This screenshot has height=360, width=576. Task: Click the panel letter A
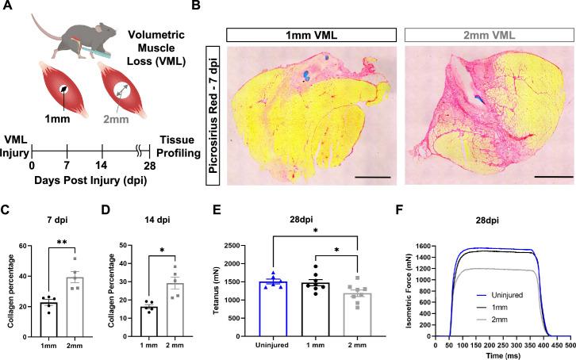6,7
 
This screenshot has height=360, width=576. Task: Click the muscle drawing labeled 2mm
112,90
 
